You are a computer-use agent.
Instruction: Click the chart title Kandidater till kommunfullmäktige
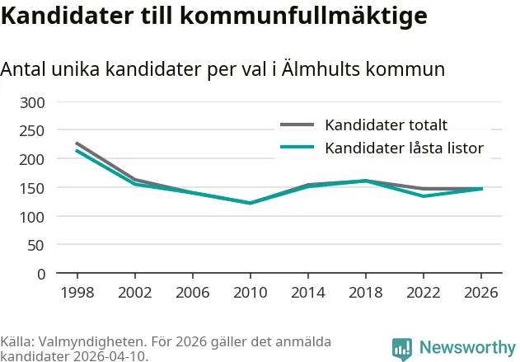pos(214,16)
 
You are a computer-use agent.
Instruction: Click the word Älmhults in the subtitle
pos(321,69)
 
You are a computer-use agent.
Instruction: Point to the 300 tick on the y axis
pos(32,103)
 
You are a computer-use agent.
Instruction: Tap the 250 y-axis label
pos(32,131)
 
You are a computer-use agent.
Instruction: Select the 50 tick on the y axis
pos(35,246)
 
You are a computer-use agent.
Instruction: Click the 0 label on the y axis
pos(41,275)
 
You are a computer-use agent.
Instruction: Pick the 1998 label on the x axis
pos(77,293)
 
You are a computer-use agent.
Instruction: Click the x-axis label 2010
pos(251,293)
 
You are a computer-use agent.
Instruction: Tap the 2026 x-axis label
pos(481,293)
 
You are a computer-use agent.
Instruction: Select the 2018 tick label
pos(366,293)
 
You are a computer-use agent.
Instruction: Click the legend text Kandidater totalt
pos(386,125)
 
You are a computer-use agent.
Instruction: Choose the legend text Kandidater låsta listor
pos(405,148)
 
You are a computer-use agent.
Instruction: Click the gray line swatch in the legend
pos(297,125)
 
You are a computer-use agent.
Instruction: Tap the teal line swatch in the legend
pos(297,147)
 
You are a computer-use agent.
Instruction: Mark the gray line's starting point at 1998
pos(77,143)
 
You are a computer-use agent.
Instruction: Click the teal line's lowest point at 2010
pos(251,203)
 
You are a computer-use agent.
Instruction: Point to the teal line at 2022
pos(424,196)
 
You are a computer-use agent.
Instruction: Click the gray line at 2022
pos(424,189)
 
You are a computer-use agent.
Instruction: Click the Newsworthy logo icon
pos(402,349)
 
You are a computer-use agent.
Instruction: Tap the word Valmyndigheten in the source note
pos(91,341)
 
